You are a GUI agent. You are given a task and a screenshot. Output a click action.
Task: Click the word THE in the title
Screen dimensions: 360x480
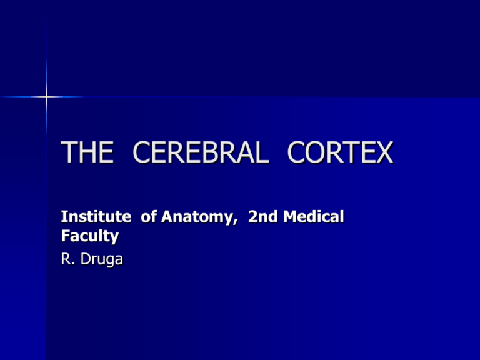tap(88, 153)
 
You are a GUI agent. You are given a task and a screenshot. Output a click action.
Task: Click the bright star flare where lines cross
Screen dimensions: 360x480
tap(46, 97)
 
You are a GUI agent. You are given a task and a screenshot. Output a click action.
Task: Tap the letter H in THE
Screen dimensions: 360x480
tap(88, 153)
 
